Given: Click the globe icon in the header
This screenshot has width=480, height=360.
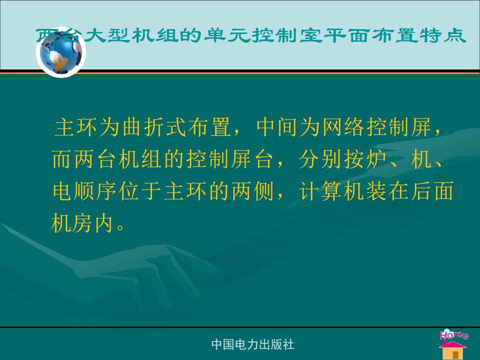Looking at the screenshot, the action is [x=61, y=52].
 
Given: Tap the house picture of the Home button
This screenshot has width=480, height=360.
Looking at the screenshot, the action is [x=453, y=349].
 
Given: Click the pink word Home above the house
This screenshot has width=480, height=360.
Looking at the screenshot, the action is [x=453, y=334].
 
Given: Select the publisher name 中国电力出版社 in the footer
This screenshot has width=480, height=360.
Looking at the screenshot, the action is [x=252, y=344].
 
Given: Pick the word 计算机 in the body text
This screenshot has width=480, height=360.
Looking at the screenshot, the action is [x=332, y=191].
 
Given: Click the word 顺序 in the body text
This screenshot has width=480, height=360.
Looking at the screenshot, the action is [x=85, y=191].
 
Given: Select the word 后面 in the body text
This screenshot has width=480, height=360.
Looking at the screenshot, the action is [x=431, y=191].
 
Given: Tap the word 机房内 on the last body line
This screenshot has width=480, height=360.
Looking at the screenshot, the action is [x=82, y=223].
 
